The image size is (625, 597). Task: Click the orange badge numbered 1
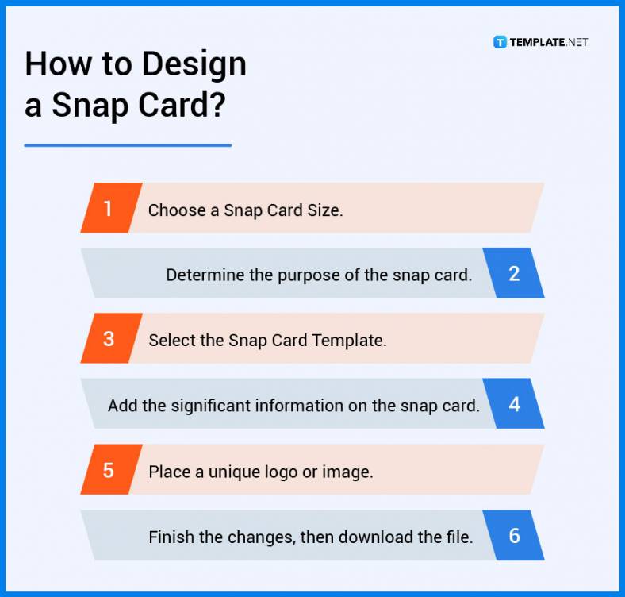point(109,209)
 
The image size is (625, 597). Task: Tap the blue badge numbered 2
point(514,274)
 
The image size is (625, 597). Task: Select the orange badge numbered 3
point(109,339)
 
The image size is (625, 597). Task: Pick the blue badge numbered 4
point(514,404)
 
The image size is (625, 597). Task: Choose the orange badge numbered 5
point(109,470)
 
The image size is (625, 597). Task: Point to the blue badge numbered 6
point(514,536)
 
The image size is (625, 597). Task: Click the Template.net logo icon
point(500,42)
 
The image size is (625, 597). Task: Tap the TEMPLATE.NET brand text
point(550,42)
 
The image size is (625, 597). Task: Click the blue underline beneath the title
point(128,145)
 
